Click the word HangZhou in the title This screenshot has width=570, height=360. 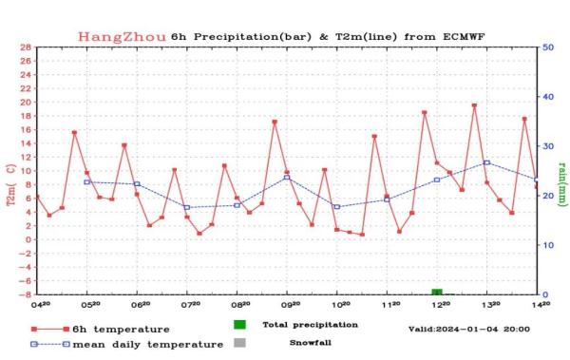[122, 36]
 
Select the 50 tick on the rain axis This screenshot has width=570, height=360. [549, 47]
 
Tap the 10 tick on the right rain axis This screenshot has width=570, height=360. [549, 245]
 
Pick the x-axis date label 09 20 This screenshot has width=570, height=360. [289, 306]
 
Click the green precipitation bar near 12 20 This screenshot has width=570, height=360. [437, 291]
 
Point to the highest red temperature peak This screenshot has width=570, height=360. [474, 105]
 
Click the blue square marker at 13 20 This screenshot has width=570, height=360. [486, 162]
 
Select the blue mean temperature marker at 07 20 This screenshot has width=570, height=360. [187, 207]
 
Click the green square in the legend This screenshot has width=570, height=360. [239, 325]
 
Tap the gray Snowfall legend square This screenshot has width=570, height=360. [239, 342]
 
